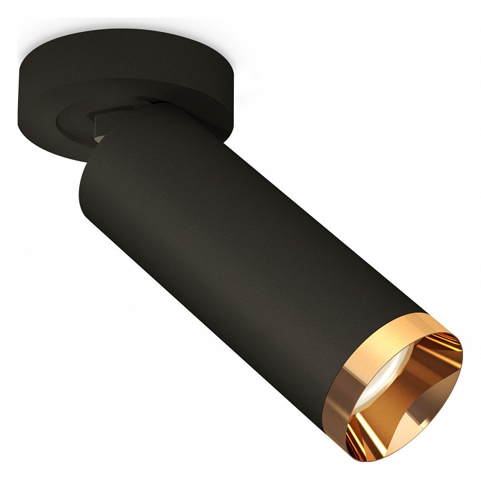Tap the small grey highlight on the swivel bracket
tap(99, 137)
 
